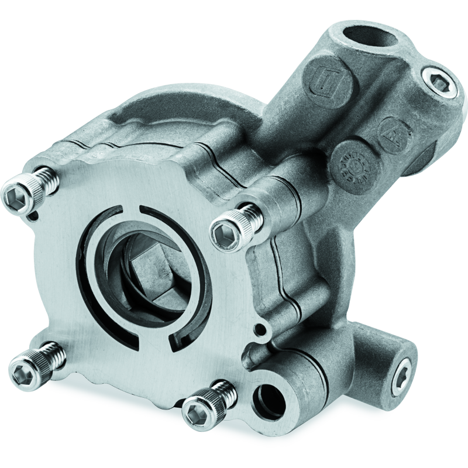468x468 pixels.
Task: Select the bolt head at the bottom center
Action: point(197,412)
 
